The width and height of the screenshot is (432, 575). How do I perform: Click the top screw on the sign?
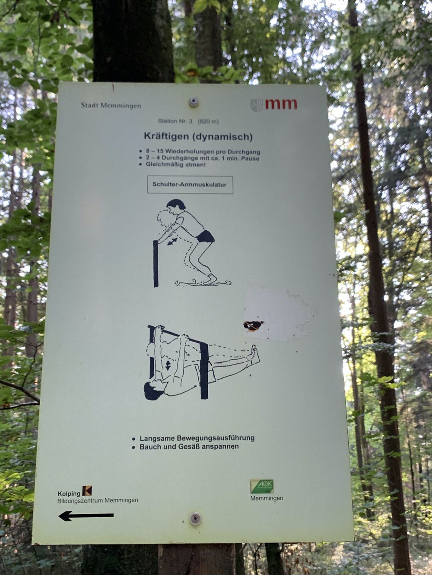(193, 102)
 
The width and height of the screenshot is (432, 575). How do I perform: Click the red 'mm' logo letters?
(281, 104)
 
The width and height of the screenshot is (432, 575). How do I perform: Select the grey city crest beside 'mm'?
(257, 105)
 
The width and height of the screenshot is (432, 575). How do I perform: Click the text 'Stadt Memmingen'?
(111, 106)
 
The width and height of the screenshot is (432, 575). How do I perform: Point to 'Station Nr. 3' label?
(175, 121)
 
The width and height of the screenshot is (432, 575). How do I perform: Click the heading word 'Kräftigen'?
(167, 136)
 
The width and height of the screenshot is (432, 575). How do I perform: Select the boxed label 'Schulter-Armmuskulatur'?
(190, 185)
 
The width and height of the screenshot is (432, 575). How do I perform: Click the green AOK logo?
(261, 487)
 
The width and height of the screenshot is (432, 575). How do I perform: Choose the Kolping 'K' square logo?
(87, 490)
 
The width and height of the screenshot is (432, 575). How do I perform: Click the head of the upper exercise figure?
(175, 206)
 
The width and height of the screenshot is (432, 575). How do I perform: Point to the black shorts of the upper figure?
(205, 236)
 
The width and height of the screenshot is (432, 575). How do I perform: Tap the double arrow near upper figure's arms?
(172, 242)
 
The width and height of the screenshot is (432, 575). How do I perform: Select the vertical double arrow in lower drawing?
(168, 365)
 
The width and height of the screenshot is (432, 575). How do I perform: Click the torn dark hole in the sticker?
(253, 326)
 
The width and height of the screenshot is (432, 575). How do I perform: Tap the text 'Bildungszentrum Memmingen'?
(98, 500)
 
